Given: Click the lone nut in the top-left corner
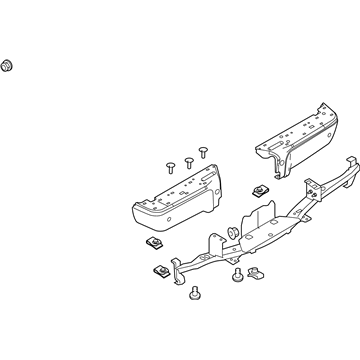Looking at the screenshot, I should click(x=8, y=67).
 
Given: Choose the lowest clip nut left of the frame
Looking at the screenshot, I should click(x=160, y=270).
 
